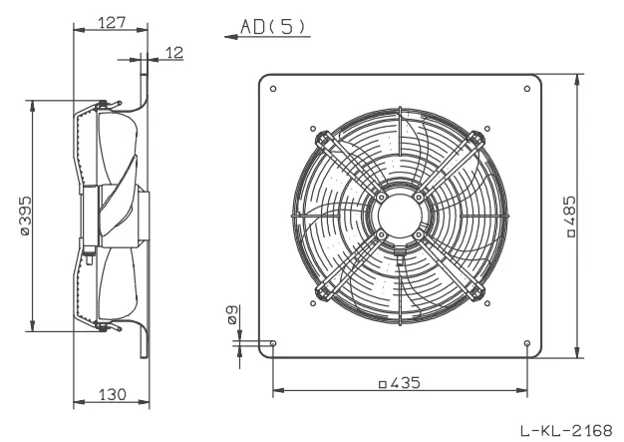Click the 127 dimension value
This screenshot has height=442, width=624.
point(112,22)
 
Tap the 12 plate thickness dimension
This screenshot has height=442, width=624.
point(174,52)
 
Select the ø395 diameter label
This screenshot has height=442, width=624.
point(26,216)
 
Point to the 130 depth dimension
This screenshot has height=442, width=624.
point(113,395)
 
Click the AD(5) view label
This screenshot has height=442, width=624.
point(273,26)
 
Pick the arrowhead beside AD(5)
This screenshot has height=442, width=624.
point(231,37)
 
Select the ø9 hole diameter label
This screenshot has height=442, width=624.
point(231,315)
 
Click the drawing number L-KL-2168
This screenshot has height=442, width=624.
point(566,430)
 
